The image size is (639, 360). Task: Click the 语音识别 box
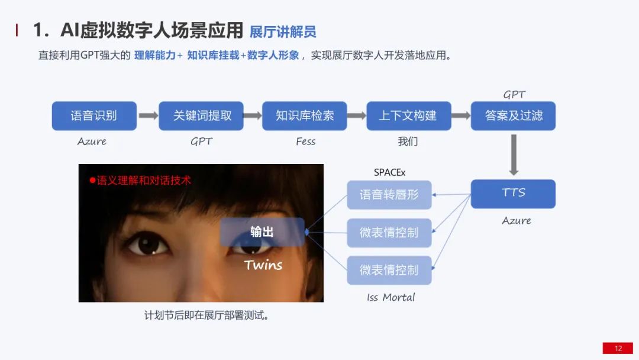tap(94, 116)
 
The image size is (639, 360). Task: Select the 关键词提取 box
tap(201, 116)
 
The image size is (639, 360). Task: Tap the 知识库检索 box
tap(305, 116)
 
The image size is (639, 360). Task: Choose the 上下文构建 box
tap(408, 116)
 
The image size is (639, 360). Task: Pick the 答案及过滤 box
tap(513, 116)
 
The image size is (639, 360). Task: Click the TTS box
tap(513, 194)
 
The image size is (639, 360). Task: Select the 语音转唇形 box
tap(389, 195)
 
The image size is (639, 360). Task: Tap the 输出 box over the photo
tap(262, 232)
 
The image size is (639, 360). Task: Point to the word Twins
tap(263, 265)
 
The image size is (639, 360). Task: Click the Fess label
tap(305, 142)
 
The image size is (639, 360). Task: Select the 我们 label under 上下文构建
tap(408, 142)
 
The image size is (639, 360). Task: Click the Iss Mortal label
tap(390, 297)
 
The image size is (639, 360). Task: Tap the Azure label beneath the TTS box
tap(516, 220)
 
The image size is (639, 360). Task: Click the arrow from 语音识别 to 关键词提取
tap(148, 116)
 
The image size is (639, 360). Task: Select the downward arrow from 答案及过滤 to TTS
tap(514, 155)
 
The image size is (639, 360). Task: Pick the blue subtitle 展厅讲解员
tap(282, 31)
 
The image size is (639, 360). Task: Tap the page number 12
tap(618, 348)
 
